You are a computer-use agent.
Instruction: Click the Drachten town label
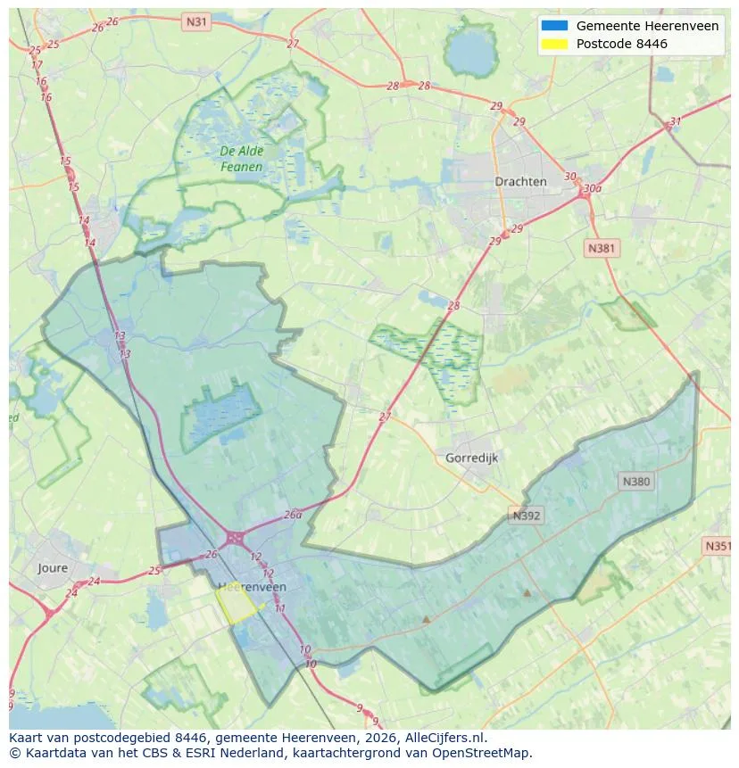point(520,181)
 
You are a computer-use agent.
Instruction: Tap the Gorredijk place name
point(470,458)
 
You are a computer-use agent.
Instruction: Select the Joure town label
point(53,567)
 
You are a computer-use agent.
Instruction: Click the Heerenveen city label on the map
point(252,586)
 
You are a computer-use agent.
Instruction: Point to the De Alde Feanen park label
point(241,159)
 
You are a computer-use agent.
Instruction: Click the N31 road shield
point(195,20)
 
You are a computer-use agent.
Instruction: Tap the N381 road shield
point(602,249)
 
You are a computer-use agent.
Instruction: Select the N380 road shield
point(635,481)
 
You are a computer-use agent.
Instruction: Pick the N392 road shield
point(527,516)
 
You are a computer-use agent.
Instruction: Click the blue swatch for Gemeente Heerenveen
point(554,26)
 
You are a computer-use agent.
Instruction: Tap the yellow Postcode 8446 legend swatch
point(554,44)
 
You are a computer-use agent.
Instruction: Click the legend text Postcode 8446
point(621,44)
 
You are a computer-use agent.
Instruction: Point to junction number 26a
point(293,515)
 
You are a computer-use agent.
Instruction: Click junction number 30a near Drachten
point(591,188)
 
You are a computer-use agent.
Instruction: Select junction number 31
point(675,122)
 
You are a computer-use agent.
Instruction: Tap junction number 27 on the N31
point(293,43)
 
